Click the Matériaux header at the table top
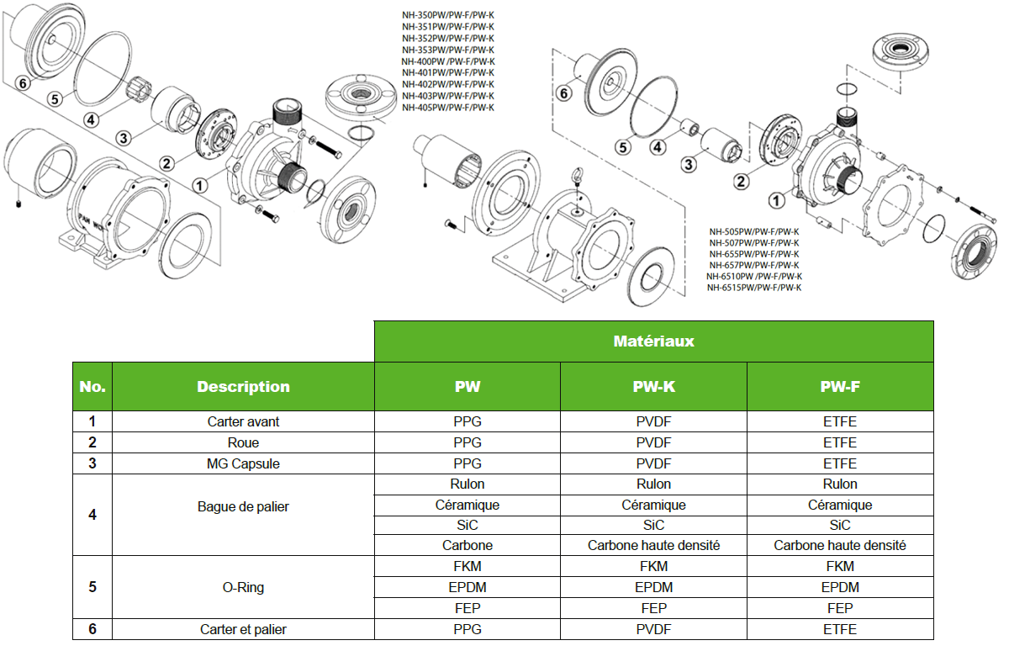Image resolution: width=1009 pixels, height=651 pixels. [653, 341]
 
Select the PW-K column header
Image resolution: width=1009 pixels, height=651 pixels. [653, 387]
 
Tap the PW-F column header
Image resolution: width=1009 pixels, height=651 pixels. [840, 387]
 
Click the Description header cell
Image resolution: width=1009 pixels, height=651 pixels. [243, 387]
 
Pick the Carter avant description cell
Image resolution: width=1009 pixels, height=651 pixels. [243, 421]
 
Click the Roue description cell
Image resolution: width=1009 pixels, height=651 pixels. [243, 442]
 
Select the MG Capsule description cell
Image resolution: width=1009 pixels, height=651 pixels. [243, 463]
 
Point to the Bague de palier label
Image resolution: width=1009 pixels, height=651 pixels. [243, 506]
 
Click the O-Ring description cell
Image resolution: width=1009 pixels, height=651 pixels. [243, 587]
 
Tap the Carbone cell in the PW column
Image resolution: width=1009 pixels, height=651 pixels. [468, 545]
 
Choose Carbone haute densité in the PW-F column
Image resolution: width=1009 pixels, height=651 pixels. [840, 545]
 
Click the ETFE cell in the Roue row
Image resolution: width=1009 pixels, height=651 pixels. [840, 442]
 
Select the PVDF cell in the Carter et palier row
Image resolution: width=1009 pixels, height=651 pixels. [653, 629]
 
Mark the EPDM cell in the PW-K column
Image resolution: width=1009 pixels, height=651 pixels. [653, 587]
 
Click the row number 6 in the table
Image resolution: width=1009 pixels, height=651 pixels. [92, 629]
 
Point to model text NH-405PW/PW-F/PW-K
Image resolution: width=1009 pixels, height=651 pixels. [447, 108]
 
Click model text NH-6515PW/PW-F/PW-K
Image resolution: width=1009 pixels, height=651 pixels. [754, 288]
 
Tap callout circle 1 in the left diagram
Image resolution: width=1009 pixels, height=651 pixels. [200, 184]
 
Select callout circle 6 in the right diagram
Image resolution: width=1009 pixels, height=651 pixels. [564, 93]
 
